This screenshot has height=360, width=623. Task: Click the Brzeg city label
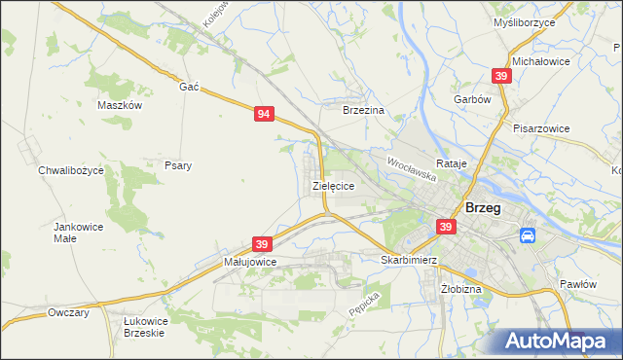(484, 207)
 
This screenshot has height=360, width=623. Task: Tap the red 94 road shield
(264, 114)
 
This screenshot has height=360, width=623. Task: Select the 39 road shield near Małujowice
(260, 243)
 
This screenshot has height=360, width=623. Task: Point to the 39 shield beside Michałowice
(501, 76)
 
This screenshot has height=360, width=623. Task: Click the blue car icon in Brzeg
(527, 235)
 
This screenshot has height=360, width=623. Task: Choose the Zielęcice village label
(332, 184)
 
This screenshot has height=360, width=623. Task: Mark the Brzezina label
(365, 111)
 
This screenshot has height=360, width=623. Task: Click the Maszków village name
(121, 105)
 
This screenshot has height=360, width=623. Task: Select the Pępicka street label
(363, 305)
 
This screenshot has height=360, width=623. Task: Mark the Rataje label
(453, 163)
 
